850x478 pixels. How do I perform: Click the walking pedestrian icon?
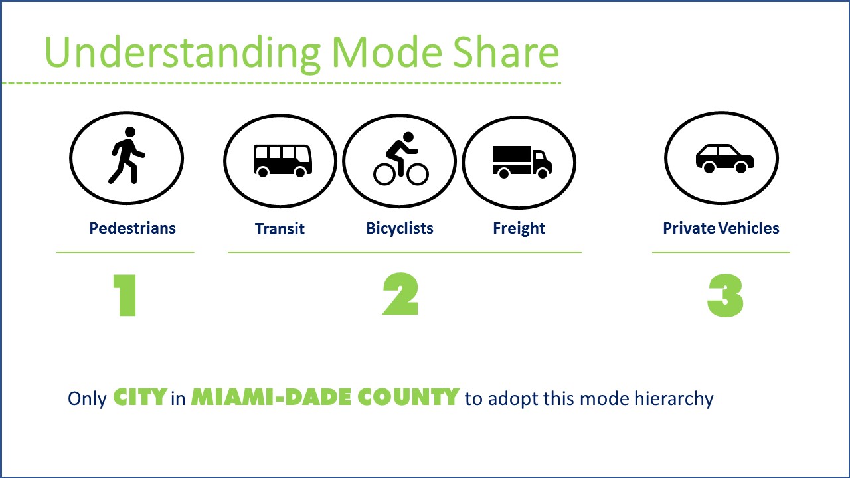click(127, 155)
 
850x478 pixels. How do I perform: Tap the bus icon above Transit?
click(283, 161)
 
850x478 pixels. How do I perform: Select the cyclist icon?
click(401, 159)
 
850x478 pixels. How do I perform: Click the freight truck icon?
click(523, 162)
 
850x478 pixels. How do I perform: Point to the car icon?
click(724, 159)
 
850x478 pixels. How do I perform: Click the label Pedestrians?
click(132, 228)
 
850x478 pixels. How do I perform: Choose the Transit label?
click(280, 229)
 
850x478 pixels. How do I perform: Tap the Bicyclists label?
click(400, 228)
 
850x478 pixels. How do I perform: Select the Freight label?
click(519, 228)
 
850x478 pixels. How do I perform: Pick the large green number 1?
click(125, 295)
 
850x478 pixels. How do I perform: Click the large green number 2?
click(400, 294)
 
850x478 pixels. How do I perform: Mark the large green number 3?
click(726, 295)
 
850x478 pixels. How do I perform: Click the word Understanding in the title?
click(183, 53)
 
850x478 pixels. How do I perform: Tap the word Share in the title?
click(506, 52)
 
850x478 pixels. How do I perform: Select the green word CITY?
click(140, 397)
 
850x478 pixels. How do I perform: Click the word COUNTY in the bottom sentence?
click(408, 397)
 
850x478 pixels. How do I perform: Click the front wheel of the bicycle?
click(418, 175)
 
